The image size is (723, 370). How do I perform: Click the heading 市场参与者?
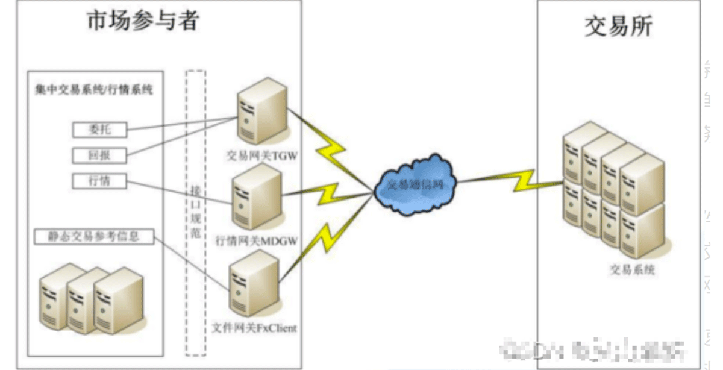(x=143, y=22)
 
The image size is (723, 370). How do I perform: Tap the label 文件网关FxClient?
(x=255, y=329)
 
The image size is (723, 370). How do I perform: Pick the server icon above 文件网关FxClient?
(x=253, y=283)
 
